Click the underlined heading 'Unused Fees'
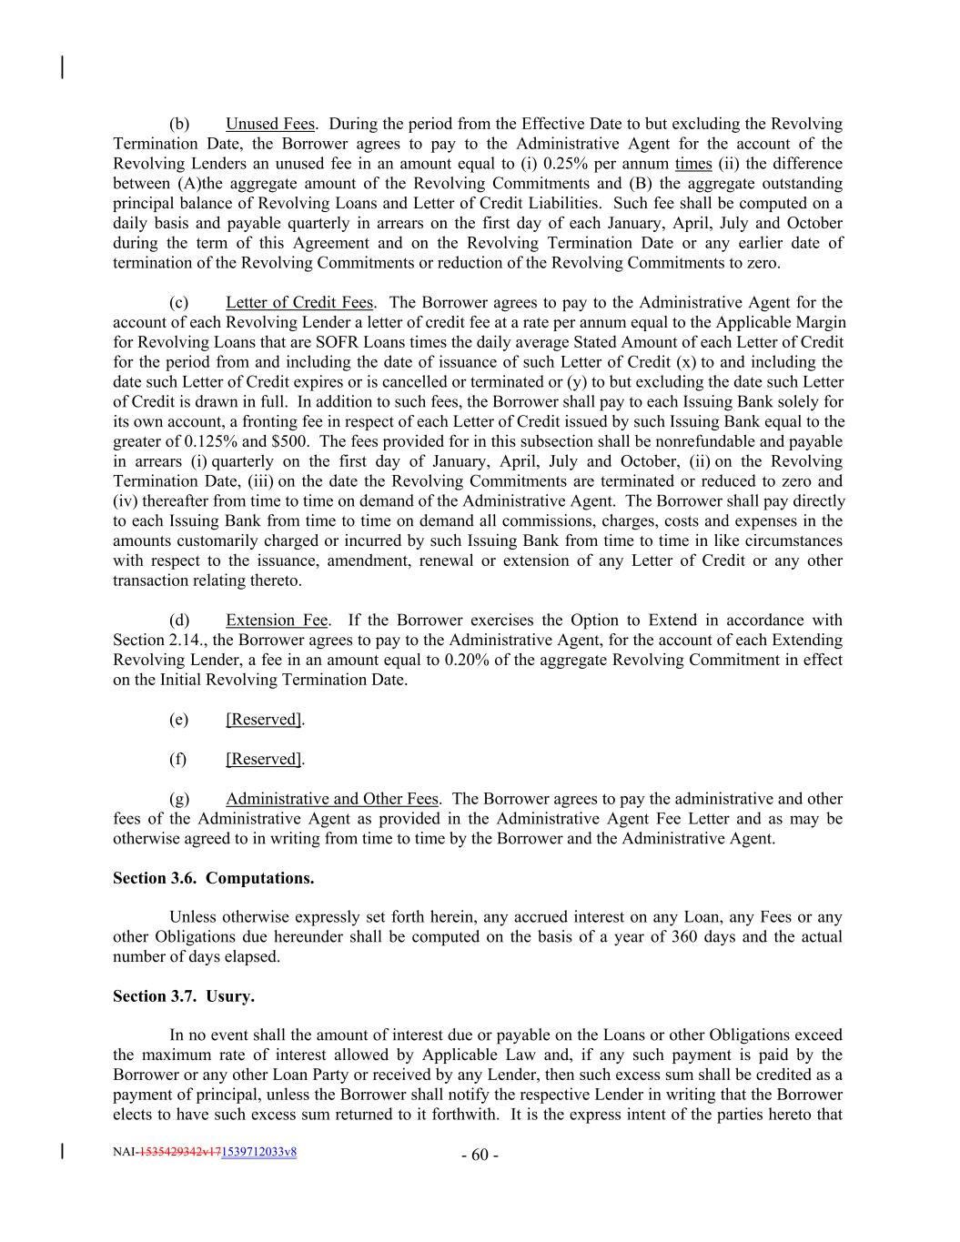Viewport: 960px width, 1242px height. (x=269, y=124)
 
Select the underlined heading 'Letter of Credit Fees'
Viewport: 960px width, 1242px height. (x=299, y=302)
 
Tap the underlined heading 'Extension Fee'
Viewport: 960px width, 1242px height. (x=277, y=621)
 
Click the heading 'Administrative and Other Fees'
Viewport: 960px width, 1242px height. (x=332, y=799)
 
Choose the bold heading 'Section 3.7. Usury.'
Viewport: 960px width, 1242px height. (x=183, y=996)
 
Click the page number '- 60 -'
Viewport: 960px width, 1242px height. (x=480, y=1156)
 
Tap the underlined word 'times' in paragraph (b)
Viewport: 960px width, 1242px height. (x=693, y=164)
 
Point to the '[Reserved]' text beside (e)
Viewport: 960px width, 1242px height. (x=263, y=720)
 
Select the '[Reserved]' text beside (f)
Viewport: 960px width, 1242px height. (x=263, y=759)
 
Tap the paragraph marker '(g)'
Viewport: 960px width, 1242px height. (x=179, y=799)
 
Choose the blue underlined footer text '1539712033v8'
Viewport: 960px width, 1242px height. (x=259, y=1152)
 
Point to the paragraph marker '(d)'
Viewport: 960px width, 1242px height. (x=179, y=621)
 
